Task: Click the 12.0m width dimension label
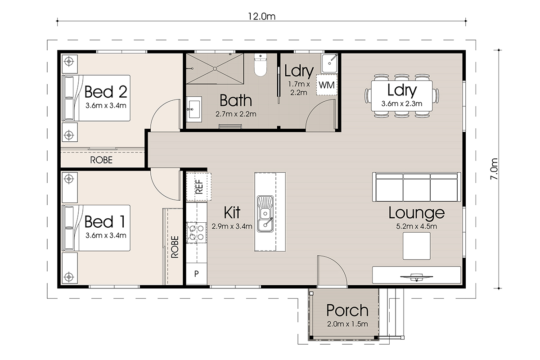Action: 261,16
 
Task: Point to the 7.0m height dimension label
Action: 494,169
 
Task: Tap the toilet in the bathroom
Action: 261,65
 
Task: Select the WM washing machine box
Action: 327,85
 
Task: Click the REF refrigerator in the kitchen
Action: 199,187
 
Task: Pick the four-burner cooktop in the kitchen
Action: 197,233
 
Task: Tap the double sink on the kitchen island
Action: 265,214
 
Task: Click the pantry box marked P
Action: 197,274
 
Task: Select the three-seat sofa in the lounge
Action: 417,187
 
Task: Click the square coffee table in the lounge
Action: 417,246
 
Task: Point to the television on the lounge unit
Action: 417,277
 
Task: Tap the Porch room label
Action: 347,310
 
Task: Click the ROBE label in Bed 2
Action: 101,160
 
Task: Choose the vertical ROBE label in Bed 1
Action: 175,247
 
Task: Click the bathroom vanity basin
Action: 194,109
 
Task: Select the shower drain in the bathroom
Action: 215,69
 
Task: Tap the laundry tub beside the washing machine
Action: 329,63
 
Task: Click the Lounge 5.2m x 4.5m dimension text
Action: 417,226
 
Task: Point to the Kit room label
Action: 232,212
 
